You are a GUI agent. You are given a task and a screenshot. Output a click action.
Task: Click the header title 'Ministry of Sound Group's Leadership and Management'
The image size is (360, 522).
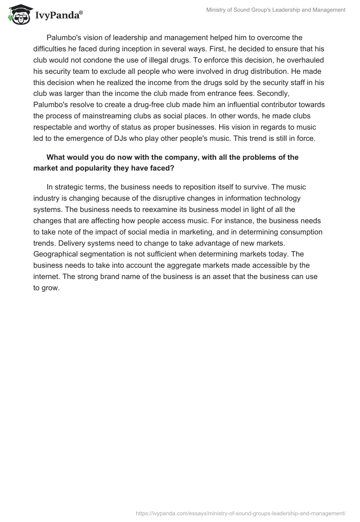pyautogui.click(x=276, y=9)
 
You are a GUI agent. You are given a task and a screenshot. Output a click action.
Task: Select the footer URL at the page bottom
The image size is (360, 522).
pyautogui.click(x=240, y=513)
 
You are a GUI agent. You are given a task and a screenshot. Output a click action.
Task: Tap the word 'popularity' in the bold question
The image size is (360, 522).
pyautogui.click(x=88, y=168)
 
